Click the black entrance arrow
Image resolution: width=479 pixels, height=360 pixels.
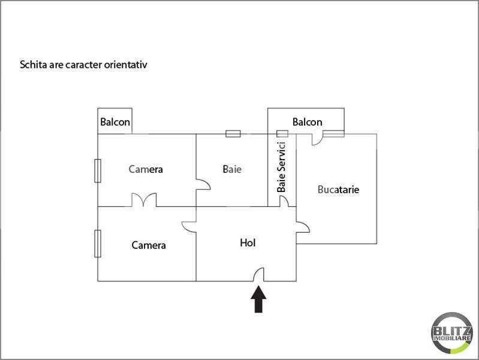[x=258, y=299]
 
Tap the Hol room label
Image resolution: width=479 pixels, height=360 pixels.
[x=248, y=243]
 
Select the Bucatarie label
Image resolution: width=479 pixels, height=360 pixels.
[x=338, y=190]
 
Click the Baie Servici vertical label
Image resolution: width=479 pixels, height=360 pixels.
[x=281, y=167]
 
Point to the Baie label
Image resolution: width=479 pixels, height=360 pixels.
[x=232, y=169]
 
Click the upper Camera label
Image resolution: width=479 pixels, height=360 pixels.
[x=146, y=169]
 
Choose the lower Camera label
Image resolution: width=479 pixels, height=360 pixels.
[x=149, y=245]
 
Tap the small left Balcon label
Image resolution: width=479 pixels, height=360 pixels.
[x=115, y=122]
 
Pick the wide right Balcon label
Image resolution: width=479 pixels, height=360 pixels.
[x=308, y=122]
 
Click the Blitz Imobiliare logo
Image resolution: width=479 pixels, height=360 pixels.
[x=452, y=333]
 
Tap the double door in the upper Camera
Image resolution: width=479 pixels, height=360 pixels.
[x=144, y=200]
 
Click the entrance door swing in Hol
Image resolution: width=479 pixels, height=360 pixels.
[x=259, y=274]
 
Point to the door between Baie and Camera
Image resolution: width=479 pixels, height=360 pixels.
[x=203, y=184]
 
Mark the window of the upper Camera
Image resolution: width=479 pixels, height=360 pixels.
[x=98, y=170]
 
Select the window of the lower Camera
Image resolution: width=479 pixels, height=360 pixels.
[x=98, y=244]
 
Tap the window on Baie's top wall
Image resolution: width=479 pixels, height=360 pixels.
[x=233, y=134]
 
